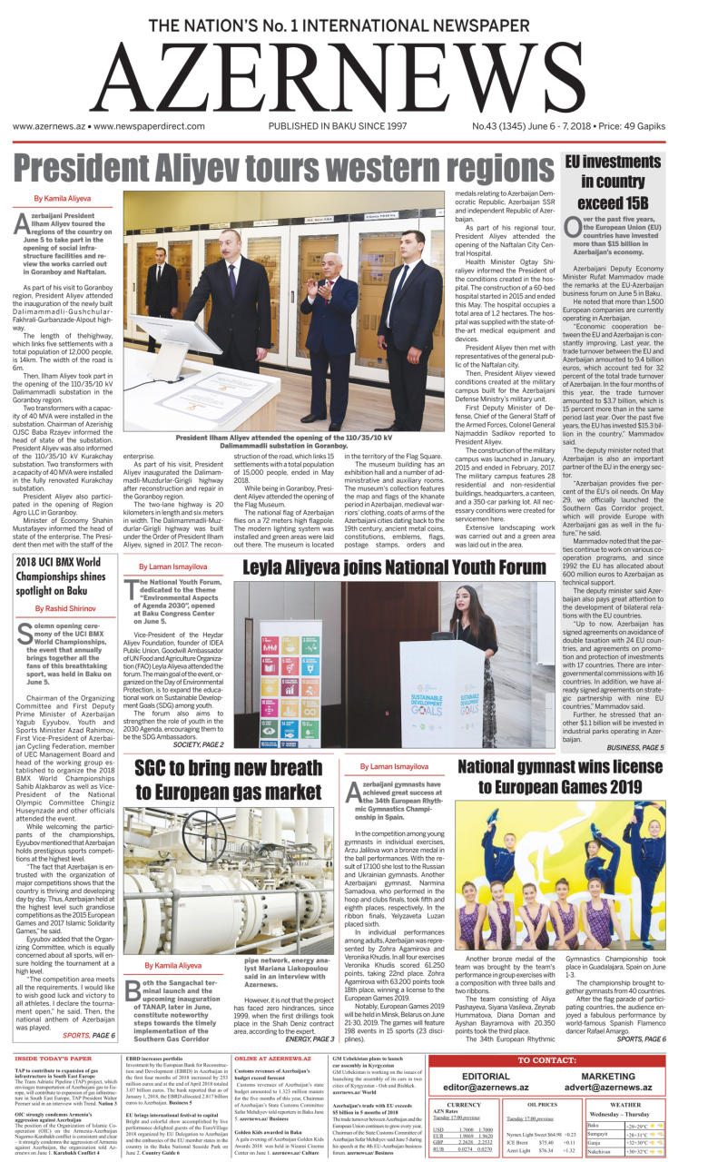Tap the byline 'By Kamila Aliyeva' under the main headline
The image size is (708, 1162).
click(x=63, y=198)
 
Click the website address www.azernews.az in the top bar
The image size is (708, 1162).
click(x=47, y=128)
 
